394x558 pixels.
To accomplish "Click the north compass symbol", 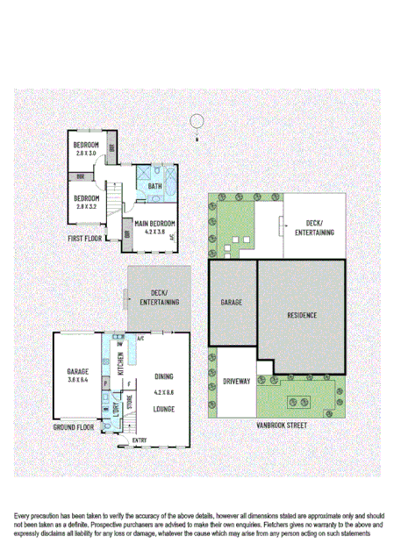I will (198, 122).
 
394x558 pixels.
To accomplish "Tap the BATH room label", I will (154, 186).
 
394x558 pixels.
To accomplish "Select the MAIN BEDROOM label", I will (155, 224).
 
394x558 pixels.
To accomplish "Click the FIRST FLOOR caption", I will (88, 238).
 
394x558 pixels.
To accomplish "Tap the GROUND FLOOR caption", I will (74, 426).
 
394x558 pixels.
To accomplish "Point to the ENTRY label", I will (140, 440).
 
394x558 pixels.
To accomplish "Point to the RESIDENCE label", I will (301, 314).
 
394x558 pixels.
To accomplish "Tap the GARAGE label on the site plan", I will (232, 302).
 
